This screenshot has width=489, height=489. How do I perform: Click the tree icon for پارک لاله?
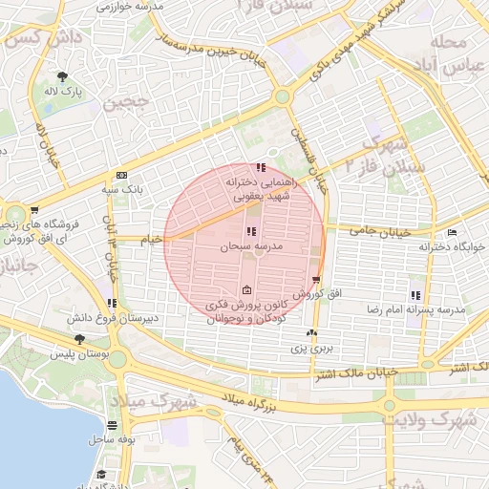[63, 76]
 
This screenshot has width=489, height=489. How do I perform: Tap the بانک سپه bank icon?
[121, 176]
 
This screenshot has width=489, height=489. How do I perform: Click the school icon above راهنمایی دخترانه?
[262, 168]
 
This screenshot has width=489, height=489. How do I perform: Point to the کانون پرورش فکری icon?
[247, 290]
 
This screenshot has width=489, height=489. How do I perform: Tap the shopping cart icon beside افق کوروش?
[316, 280]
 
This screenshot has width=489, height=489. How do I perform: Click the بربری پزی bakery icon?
[310, 332]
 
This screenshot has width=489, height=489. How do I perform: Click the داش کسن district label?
[32, 40]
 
